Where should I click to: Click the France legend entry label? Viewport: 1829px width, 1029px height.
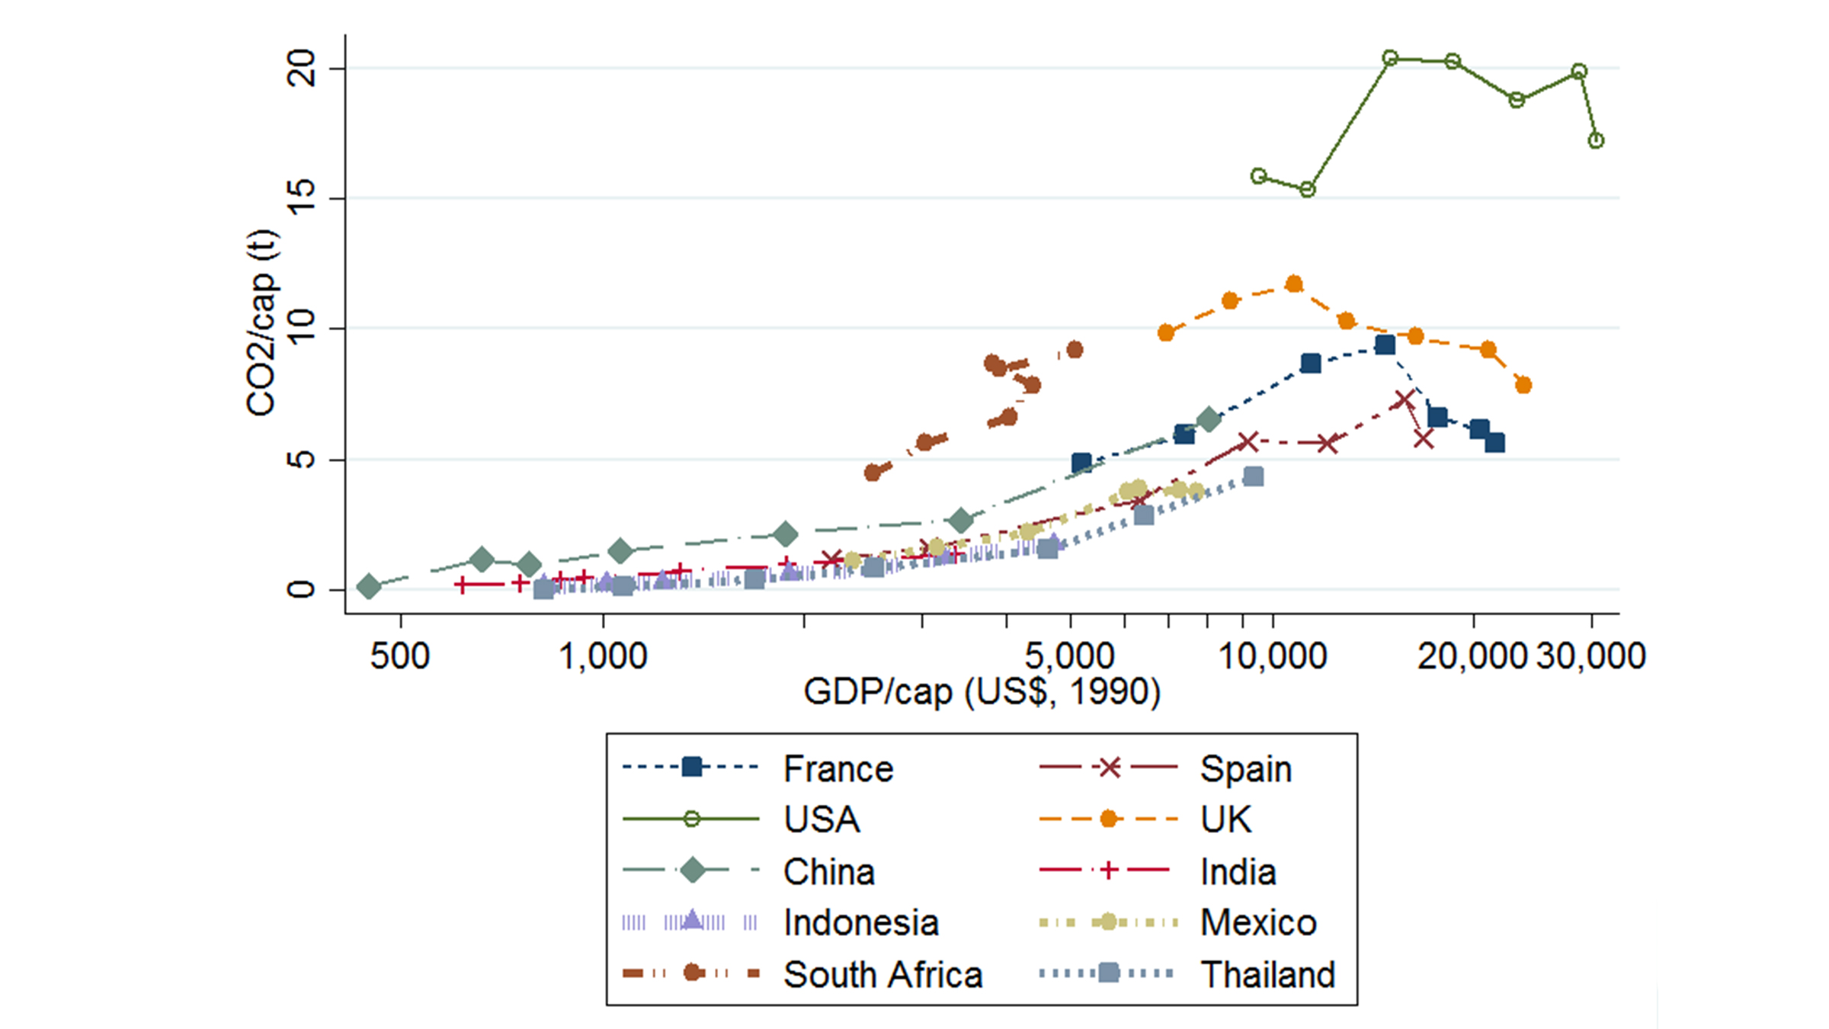(x=838, y=768)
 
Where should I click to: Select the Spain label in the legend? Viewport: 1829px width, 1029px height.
(x=1245, y=768)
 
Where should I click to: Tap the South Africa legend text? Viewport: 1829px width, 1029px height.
(x=882, y=974)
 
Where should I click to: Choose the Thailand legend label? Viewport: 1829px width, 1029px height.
(x=1267, y=974)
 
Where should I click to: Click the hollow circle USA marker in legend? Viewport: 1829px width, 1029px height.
(x=692, y=819)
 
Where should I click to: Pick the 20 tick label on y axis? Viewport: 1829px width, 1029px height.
(x=300, y=69)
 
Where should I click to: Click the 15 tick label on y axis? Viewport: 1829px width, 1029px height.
(x=300, y=198)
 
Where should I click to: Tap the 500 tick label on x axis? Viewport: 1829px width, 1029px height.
(x=400, y=656)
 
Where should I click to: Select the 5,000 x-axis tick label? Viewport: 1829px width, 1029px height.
(x=1069, y=656)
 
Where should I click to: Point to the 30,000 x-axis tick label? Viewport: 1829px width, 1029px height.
(x=1591, y=656)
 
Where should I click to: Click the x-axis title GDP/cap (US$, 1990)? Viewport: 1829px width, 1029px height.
(x=982, y=692)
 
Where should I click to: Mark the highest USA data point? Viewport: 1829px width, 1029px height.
(x=1390, y=58)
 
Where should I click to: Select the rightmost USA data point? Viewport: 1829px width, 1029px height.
(x=1596, y=140)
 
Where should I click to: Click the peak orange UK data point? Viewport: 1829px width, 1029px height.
(x=1294, y=284)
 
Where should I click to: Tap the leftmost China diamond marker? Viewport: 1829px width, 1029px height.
(x=369, y=587)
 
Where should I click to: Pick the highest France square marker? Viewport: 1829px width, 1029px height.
(x=1385, y=345)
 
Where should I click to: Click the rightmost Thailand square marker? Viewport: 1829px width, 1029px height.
(x=1253, y=477)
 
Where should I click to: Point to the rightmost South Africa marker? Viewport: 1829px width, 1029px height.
(x=1075, y=350)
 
